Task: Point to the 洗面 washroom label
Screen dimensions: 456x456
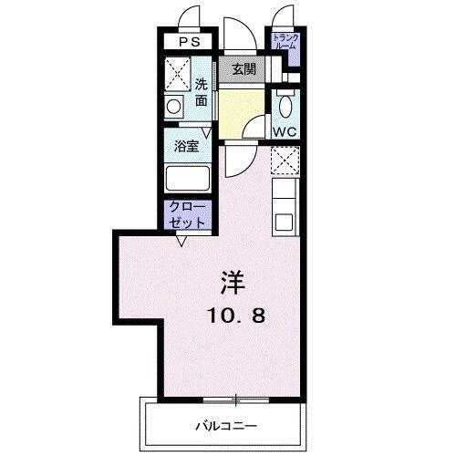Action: [x=201, y=92]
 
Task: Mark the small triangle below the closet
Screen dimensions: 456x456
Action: [x=183, y=241]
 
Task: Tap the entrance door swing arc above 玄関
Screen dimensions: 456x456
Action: [x=240, y=35]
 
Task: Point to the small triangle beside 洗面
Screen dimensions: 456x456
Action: [x=208, y=134]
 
